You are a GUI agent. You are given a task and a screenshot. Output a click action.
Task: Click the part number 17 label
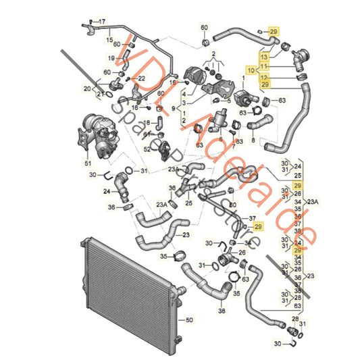pyautogui.click(x=103, y=22)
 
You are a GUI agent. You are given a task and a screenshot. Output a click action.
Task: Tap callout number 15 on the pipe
pyautogui.click(x=108, y=41)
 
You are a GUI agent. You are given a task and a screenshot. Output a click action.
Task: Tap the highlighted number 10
pyautogui.click(x=251, y=70)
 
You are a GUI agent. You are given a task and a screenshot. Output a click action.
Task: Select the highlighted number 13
pyautogui.click(x=264, y=57)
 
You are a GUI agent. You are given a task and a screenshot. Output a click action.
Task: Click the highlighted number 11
pyautogui.click(x=264, y=66)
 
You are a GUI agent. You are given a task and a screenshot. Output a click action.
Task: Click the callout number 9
pyautogui.click(x=174, y=109)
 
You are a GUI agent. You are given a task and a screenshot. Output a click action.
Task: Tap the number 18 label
pyautogui.click(x=147, y=122)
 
